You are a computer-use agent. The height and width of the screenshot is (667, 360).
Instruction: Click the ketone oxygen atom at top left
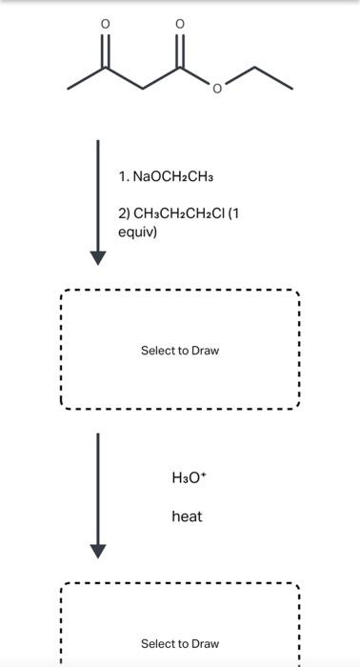point(106,22)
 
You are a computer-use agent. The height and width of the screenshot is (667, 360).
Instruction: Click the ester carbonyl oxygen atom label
point(180,22)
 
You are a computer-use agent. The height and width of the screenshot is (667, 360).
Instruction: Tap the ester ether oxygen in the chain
point(217,90)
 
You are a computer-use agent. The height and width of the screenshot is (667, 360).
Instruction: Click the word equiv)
point(138,232)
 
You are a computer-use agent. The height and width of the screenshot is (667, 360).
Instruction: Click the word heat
point(187,516)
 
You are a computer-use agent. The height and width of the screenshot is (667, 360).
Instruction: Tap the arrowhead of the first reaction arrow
point(97,257)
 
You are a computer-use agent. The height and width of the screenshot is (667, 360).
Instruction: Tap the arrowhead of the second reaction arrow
point(97,551)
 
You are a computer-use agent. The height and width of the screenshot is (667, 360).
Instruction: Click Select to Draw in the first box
point(180,351)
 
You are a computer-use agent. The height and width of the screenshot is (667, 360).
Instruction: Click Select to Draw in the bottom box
point(180,644)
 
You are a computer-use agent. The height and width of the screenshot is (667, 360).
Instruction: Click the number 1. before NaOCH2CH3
point(125,177)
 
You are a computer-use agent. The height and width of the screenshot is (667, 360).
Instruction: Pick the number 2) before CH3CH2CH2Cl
point(125,213)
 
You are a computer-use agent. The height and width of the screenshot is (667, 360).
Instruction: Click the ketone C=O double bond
point(106,50)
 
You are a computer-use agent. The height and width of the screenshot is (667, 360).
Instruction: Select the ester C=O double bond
point(180,50)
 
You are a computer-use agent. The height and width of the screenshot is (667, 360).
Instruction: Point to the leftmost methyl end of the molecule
point(69,90)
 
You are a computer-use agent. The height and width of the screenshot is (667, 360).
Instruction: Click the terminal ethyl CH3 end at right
point(290,90)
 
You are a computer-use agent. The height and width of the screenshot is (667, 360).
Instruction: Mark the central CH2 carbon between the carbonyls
point(143,90)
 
